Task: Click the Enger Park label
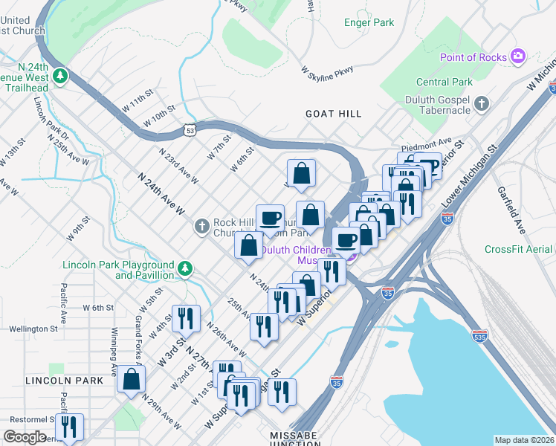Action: (369, 23)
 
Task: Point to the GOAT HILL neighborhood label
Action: (334, 114)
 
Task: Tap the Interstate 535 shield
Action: (479, 336)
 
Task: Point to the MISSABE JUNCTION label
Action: (294, 438)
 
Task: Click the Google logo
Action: (25, 437)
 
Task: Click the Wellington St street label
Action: (33, 329)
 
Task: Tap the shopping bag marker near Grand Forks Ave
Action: (131, 379)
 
